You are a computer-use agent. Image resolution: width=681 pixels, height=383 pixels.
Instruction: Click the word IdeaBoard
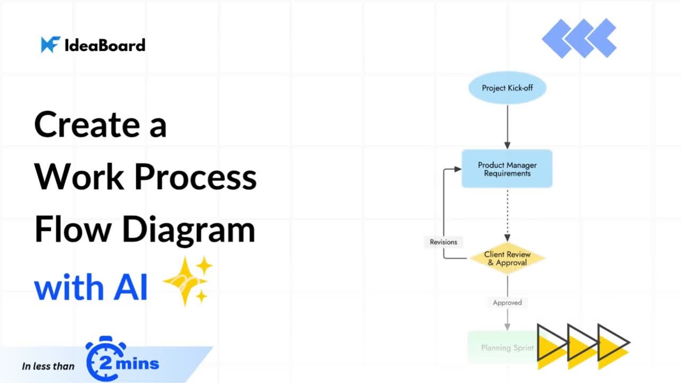click(105, 45)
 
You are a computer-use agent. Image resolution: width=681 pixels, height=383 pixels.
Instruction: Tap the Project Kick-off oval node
click(507, 88)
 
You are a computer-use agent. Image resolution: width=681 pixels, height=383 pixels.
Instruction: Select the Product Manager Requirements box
click(507, 169)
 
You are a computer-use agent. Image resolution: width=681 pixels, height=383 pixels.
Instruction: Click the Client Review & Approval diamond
click(507, 259)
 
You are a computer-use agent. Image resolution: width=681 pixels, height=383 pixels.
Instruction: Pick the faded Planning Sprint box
click(503, 348)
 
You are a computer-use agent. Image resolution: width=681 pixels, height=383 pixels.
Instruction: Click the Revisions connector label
click(443, 242)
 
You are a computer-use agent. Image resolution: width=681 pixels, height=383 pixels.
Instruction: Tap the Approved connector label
click(507, 303)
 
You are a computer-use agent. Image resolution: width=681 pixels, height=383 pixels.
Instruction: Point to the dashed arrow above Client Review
click(507, 215)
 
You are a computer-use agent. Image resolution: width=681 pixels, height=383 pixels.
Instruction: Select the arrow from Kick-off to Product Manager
click(507, 127)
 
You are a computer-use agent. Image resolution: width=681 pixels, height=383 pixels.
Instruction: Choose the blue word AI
click(130, 288)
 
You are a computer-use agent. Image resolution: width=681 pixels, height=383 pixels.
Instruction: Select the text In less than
click(48, 366)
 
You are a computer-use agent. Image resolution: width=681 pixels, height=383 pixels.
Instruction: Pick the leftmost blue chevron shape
click(556, 38)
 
